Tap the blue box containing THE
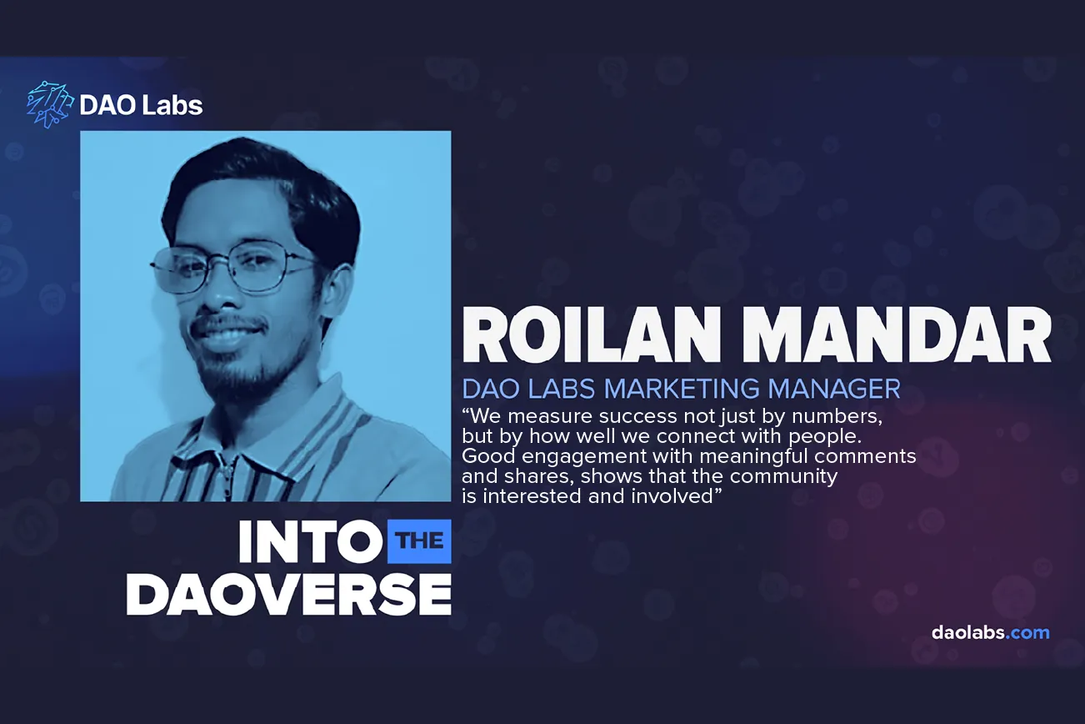click(420, 541)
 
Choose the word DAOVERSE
click(289, 594)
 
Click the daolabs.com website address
click(990, 632)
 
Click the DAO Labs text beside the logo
click(141, 105)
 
